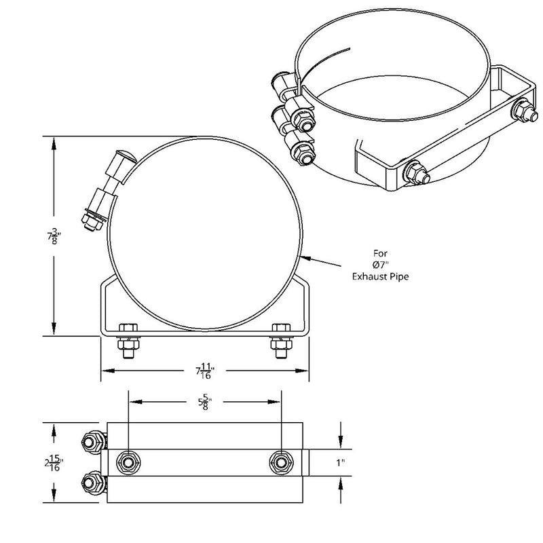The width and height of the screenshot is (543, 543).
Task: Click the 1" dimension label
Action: (x=341, y=462)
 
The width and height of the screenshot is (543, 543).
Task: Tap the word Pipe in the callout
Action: (x=400, y=276)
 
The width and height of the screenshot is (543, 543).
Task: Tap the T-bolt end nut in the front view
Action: (x=88, y=219)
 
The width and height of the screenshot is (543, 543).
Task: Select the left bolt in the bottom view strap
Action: (x=128, y=462)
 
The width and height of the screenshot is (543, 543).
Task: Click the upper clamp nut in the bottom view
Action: (x=92, y=442)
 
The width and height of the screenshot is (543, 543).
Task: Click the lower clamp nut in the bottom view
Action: (x=92, y=483)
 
